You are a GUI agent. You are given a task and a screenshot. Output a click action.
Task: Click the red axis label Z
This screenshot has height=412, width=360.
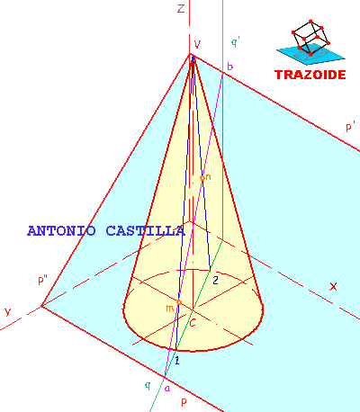(x=181, y=8)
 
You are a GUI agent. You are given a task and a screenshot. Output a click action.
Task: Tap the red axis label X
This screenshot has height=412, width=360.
(x=333, y=287)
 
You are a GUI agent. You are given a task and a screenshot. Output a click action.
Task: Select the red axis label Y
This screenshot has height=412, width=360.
(x=8, y=312)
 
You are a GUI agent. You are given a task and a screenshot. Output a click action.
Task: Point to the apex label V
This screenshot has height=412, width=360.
(x=197, y=44)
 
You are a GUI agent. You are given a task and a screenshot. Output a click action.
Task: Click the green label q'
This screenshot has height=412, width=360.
(x=235, y=43)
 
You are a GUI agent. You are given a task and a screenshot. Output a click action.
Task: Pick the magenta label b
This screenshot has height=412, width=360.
(x=229, y=66)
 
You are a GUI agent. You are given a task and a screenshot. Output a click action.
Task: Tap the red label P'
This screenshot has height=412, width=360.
(x=350, y=127)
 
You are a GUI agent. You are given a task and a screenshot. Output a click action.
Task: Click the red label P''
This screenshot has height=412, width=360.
(x=43, y=280)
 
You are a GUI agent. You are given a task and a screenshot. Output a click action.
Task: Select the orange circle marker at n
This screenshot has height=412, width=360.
(x=202, y=178)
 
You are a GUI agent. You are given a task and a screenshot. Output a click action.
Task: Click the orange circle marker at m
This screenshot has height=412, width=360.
(x=179, y=302)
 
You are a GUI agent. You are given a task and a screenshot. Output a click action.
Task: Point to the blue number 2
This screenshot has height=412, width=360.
(x=215, y=280)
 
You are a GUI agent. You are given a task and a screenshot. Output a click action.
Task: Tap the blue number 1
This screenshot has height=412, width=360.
(x=177, y=361)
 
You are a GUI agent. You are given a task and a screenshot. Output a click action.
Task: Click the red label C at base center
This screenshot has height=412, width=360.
(x=193, y=323)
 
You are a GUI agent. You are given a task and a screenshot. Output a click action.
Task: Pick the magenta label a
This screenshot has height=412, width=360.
(x=167, y=389)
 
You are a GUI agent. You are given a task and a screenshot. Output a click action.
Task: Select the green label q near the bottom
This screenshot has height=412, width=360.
(x=148, y=386)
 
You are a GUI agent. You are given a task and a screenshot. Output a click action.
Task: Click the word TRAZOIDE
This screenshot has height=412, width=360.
(x=310, y=75)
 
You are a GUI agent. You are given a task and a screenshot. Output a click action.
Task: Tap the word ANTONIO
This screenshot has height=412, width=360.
(x=61, y=231)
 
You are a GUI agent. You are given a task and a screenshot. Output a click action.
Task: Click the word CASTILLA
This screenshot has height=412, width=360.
(x=145, y=231)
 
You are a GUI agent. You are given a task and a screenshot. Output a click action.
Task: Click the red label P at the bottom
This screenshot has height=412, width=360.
(x=184, y=402)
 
